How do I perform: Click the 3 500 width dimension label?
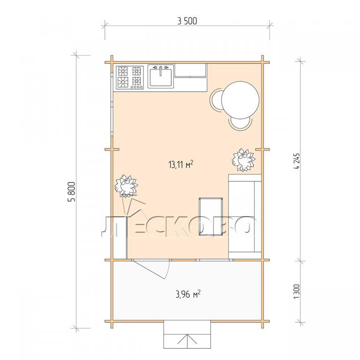point(187,21)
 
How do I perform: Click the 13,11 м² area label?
point(180,165)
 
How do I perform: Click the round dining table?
point(240,100)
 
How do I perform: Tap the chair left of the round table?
point(216,100)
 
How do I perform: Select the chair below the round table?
point(240,124)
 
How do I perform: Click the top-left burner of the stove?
point(123,71)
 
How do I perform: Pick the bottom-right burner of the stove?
point(136,81)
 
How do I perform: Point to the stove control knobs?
point(136,87)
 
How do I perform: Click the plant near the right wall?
point(243,160)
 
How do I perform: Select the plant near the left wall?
point(126,186)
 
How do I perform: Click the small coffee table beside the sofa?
point(211,216)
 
